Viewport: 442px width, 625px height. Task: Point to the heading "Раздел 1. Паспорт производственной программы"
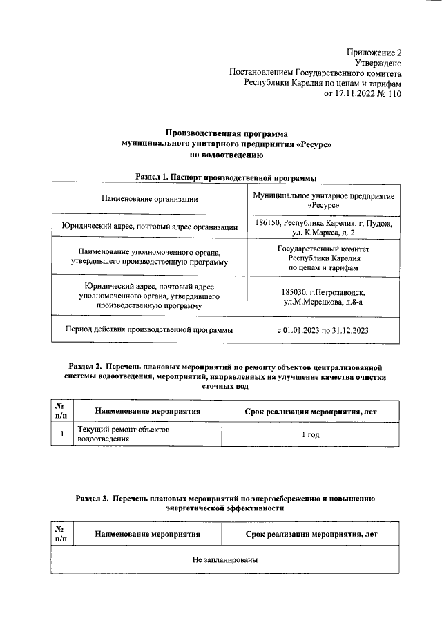point(226,177)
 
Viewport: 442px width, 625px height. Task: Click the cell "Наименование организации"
point(150,200)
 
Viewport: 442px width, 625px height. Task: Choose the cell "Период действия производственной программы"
point(149,329)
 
